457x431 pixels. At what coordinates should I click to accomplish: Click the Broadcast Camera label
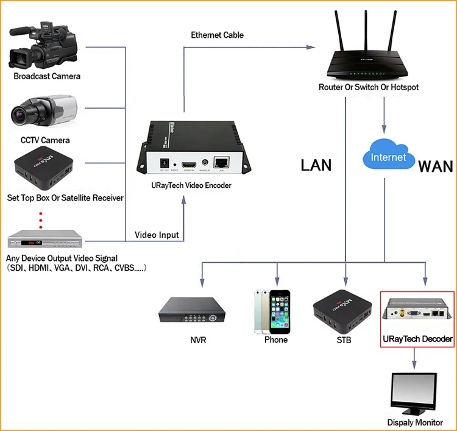[47, 76]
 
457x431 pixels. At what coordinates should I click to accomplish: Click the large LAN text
[316, 165]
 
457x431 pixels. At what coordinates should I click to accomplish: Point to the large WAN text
[436, 166]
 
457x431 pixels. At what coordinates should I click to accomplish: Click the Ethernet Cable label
[217, 35]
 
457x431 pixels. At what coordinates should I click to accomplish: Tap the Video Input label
[157, 235]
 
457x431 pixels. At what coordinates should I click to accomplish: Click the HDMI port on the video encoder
[189, 163]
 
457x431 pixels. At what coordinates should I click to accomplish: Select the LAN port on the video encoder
[222, 162]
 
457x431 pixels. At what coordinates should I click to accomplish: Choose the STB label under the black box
[344, 340]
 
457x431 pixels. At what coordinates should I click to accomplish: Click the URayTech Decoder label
[417, 339]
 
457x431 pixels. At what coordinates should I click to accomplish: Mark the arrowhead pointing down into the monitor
[414, 365]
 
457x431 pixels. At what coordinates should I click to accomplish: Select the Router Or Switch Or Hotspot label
[369, 87]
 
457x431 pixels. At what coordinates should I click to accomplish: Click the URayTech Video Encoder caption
[191, 185]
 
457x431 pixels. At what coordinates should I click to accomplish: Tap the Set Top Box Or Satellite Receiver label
[65, 198]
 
